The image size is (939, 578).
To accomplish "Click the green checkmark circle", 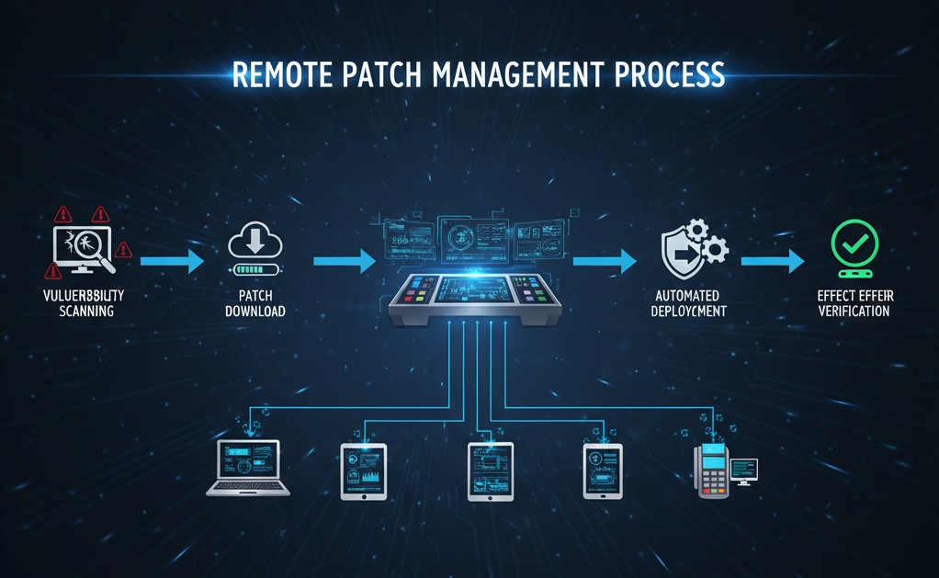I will pyautogui.click(x=854, y=243).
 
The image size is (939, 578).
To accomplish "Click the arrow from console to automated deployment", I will pyautogui.click(x=605, y=262).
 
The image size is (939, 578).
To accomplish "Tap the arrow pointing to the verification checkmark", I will pyautogui.click(x=773, y=262).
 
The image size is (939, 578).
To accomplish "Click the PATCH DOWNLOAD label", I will pyautogui.click(x=255, y=303).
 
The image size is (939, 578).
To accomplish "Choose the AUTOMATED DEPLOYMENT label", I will pyautogui.click(x=686, y=303).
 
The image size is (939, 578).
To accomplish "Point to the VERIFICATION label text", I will pyautogui.click(x=854, y=312).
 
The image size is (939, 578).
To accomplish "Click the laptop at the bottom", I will pyautogui.click(x=247, y=469).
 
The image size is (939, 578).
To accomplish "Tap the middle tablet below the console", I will pyautogui.click(x=490, y=470).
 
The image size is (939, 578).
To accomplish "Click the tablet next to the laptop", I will pyautogui.click(x=363, y=470).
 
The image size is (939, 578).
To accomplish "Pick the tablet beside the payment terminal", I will pyautogui.click(x=602, y=470).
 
